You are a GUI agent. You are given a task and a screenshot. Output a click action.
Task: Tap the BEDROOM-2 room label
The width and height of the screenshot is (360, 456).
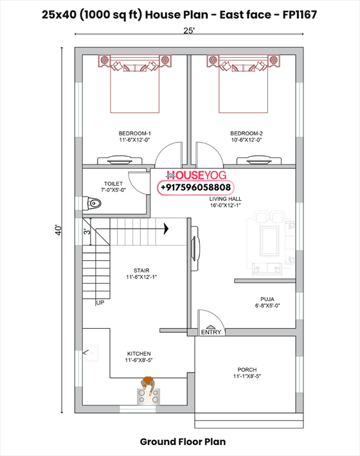(x=247, y=134)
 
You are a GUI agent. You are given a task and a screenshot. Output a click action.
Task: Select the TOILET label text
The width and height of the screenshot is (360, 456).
(x=113, y=184)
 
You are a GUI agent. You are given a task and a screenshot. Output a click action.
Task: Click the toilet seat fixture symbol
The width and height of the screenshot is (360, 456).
(x=94, y=204)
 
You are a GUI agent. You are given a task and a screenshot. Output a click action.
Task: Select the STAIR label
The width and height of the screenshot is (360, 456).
(x=141, y=270)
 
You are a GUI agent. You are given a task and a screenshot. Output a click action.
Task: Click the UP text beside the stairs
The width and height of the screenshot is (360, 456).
(x=100, y=303)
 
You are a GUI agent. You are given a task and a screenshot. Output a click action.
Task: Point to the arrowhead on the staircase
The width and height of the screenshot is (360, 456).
(x=165, y=227)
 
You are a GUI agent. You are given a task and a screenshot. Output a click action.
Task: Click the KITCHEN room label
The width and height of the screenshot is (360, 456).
(x=139, y=354)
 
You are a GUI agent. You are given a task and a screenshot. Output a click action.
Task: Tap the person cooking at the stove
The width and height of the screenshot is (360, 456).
(x=148, y=386)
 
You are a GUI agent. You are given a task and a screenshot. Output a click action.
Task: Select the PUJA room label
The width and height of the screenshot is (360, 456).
(x=267, y=299)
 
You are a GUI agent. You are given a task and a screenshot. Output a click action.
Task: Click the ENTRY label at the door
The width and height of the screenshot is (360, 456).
(x=211, y=332)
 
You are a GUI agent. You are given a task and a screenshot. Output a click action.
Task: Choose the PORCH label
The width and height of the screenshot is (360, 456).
(x=246, y=370)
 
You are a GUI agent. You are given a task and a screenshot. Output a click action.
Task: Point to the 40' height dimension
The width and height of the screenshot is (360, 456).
(x=56, y=229)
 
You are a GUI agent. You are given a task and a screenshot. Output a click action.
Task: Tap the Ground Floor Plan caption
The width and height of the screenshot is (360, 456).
(x=183, y=442)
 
